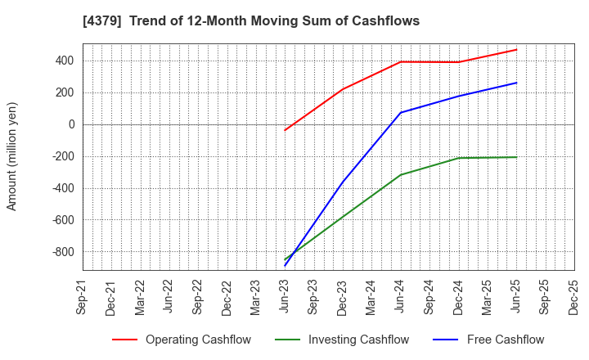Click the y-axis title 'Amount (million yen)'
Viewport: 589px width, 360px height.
pyautogui.click(x=12, y=156)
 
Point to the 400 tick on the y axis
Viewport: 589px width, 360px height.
pyautogui.click(x=65, y=61)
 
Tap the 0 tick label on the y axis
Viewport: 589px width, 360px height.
pyautogui.click(x=71, y=124)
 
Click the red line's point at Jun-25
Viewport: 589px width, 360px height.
pyautogui.click(x=516, y=50)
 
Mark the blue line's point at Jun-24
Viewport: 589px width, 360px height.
pyautogui.click(x=401, y=112)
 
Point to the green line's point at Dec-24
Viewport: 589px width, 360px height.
pyautogui.click(x=458, y=158)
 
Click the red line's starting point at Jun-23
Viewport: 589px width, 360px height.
pyautogui.click(x=285, y=130)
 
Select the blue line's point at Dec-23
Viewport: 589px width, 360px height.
pyautogui.click(x=343, y=182)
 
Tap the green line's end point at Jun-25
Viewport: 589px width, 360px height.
pyautogui.click(x=516, y=157)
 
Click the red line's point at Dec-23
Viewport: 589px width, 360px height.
pyautogui.click(x=343, y=89)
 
